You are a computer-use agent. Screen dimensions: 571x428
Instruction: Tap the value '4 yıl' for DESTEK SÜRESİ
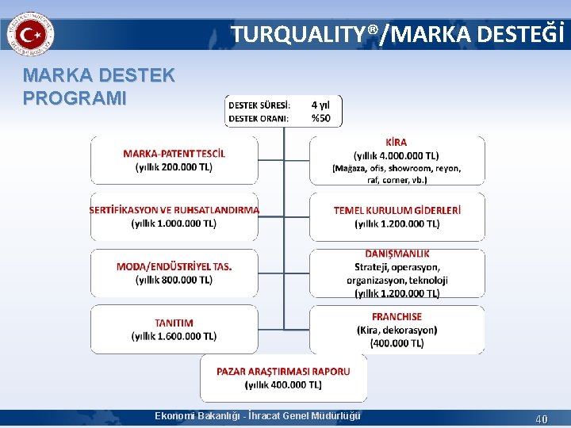click(x=321, y=105)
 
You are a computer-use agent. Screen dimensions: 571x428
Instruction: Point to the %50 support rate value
click(x=321, y=118)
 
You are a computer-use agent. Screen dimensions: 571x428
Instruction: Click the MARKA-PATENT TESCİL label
click(x=174, y=153)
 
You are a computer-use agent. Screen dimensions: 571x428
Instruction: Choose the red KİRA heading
click(x=396, y=143)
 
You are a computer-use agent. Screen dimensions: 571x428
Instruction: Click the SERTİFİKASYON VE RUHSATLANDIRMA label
click(x=174, y=210)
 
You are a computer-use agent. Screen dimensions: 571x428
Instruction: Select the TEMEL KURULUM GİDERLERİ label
click(x=397, y=210)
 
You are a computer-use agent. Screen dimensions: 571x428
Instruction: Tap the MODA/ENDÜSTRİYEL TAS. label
click(x=174, y=266)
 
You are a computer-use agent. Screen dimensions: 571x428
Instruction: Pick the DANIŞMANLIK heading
click(x=397, y=254)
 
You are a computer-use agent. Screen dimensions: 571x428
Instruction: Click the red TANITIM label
click(x=174, y=323)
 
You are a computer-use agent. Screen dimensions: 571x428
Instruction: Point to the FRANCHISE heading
click(x=397, y=317)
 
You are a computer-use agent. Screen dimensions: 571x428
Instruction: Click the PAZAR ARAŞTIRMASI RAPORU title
click(x=283, y=371)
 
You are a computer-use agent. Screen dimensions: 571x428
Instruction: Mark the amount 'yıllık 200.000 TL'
click(x=174, y=166)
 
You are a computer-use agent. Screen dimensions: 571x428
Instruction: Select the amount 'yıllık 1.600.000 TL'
click(x=174, y=336)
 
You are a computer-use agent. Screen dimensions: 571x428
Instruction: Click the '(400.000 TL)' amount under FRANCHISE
click(x=397, y=343)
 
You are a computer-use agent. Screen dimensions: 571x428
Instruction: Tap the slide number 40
click(x=542, y=418)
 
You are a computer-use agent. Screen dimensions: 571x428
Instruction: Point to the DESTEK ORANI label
click(x=259, y=118)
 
